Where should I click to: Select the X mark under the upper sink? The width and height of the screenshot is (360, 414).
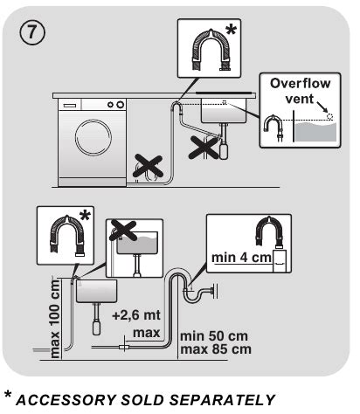(x=205, y=147)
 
